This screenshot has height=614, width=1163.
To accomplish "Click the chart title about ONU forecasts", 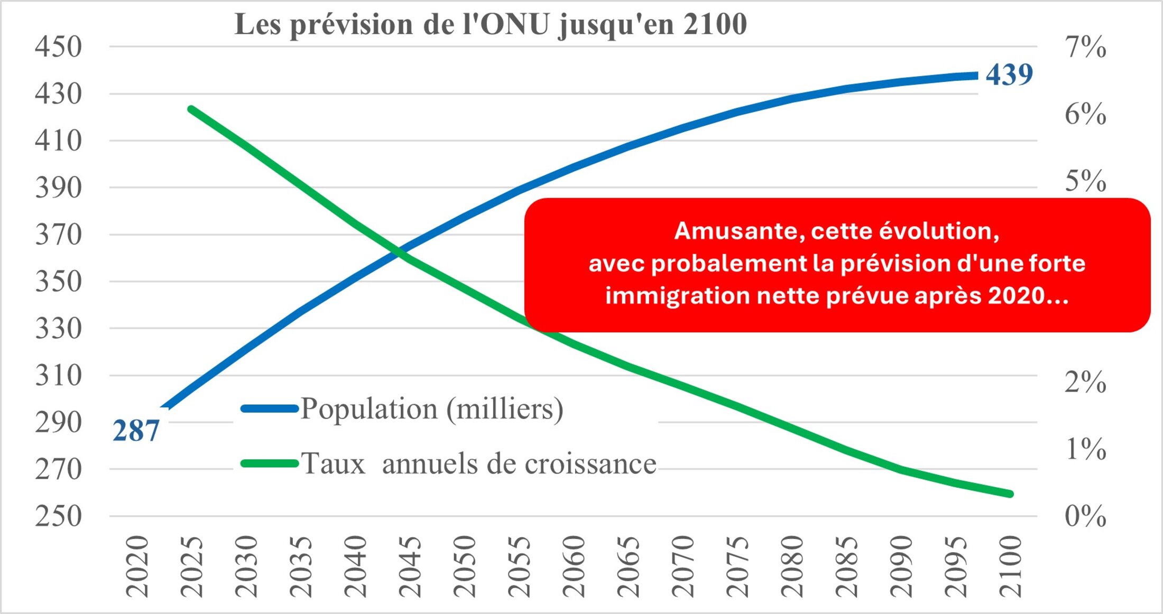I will [x=491, y=24].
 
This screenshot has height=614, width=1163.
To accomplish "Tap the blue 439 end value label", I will [x=1009, y=75].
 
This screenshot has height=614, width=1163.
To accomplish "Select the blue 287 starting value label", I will [x=136, y=431].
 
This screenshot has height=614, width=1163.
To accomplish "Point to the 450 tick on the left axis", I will [x=59, y=46].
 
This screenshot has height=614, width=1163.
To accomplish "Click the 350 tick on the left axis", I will [x=59, y=281].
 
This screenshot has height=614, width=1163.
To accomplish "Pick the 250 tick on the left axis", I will [x=59, y=516].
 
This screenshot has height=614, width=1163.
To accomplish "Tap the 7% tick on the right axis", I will [x=1085, y=47].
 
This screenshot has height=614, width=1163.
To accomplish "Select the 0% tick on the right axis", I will [x=1085, y=516].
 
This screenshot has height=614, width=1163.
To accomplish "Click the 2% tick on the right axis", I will [x=1085, y=382].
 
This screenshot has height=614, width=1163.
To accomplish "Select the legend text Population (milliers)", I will [x=432, y=408].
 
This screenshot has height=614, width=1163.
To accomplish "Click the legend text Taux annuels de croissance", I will [x=478, y=464].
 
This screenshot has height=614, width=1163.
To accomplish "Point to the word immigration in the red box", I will [x=677, y=296].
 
